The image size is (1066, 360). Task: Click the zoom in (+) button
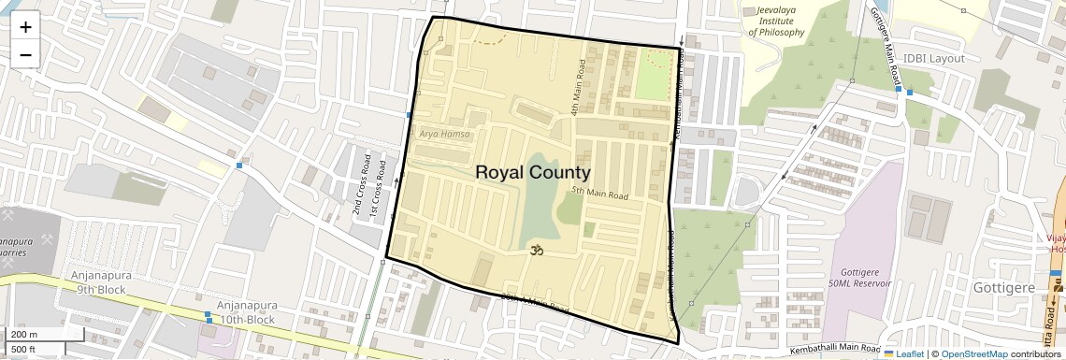(x=25, y=26)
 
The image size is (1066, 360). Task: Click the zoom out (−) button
(x=25, y=54)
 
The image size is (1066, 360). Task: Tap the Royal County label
(x=533, y=172)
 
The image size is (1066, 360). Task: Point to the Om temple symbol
(x=537, y=251)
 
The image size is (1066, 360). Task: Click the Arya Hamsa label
(x=444, y=135)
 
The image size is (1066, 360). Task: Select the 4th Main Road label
(x=579, y=89)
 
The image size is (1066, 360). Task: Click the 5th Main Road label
(x=599, y=194)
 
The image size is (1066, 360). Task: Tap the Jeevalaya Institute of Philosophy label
(x=776, y=21)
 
